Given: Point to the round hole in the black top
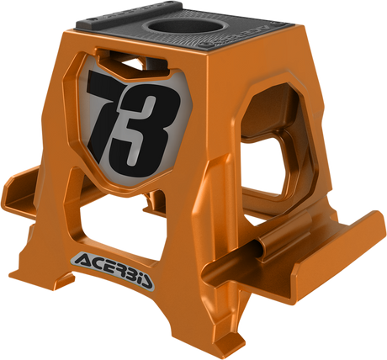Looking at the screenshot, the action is click(x=186, y=27).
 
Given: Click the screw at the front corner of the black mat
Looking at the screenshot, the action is click(x=206, y=45).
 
